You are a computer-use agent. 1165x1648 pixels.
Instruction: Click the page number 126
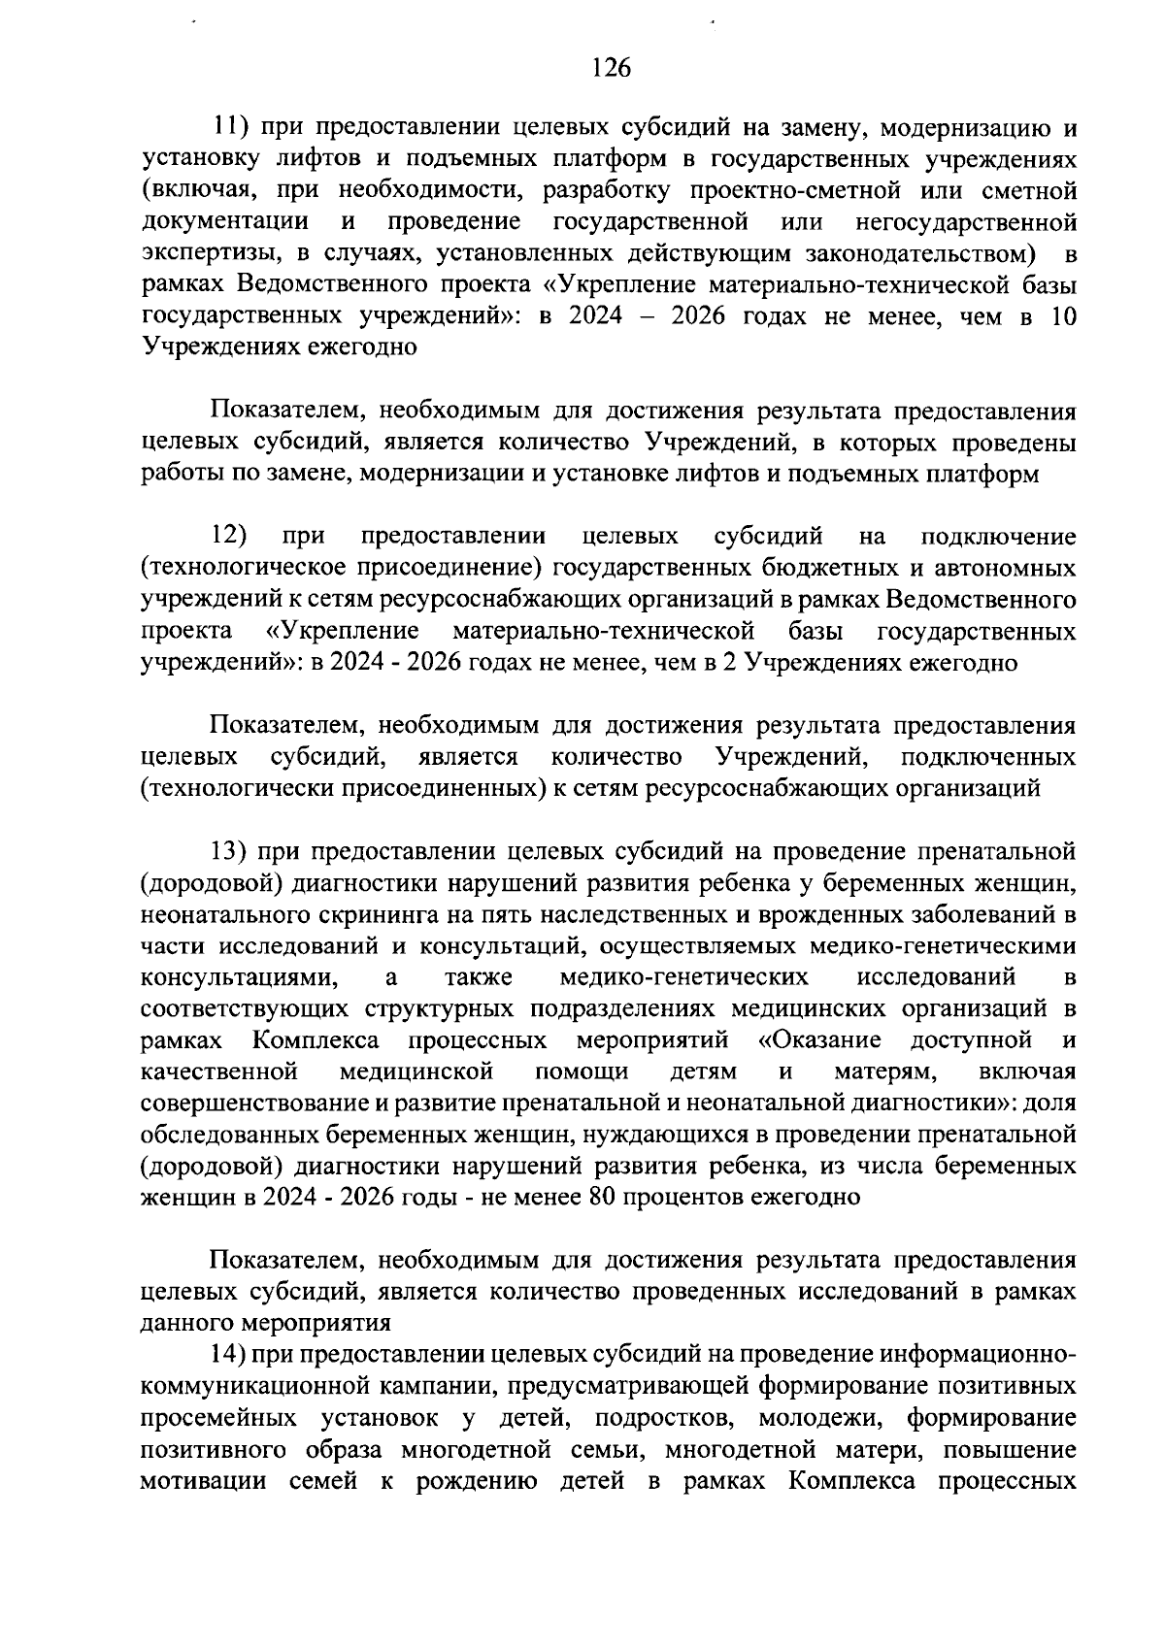[x=611, y=68]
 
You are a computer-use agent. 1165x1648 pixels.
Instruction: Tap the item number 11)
[x=233, y=127]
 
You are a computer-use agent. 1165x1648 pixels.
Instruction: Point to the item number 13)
[x=233, y=852]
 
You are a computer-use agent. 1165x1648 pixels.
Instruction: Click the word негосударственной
[x=967, y=223]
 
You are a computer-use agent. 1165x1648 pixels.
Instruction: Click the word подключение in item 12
[x=999, y=537]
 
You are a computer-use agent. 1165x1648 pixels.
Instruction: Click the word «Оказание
[x=819, y=1041]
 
